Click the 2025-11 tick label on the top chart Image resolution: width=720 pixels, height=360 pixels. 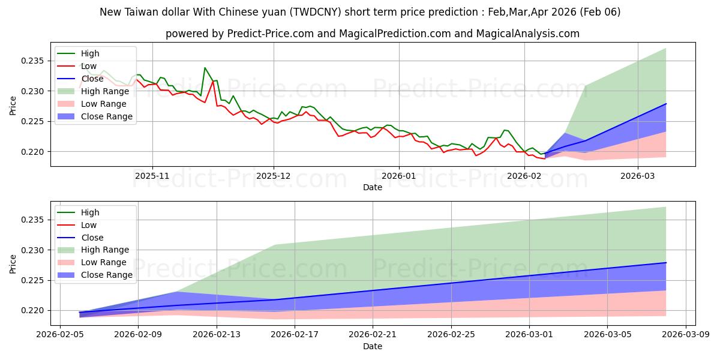click(x=152, y=176)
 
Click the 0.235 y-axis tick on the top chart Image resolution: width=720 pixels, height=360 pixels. click(x=34, y=61)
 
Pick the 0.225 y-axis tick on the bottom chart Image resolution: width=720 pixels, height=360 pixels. click(x=34, y=281)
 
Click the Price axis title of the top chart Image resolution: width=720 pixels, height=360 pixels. click(x=13, y=105)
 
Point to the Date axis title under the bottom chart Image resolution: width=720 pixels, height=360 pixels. click(x=373, y=346)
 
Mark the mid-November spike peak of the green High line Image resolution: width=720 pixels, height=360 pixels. click(x=205, y=68)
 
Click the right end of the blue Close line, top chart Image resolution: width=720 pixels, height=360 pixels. click(x=666, y=104)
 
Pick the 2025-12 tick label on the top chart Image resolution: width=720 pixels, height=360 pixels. click(x=274, y=176)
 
